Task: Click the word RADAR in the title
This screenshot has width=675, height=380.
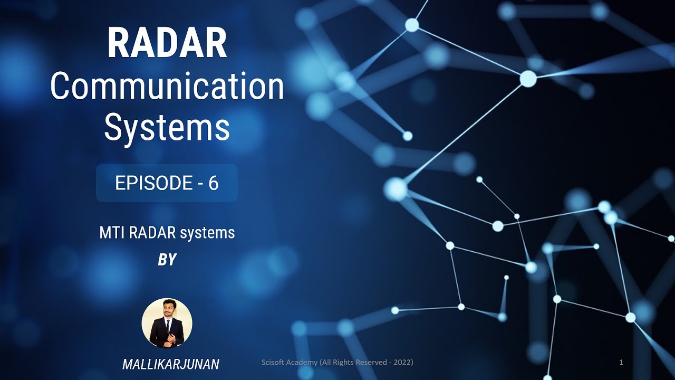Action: (167, 44)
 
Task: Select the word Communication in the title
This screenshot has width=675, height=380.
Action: (167, 87)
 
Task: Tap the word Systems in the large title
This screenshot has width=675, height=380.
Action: (167, 128)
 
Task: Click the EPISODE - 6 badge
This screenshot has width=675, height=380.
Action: (167, 183)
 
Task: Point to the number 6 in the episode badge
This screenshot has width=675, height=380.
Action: (213, 183)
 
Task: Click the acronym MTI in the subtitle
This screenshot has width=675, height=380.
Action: (110, 233)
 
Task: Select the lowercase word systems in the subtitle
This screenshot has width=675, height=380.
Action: (207, 233)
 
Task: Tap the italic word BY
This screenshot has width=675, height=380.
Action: (167, 260)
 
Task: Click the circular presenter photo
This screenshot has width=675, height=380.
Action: (167, 323)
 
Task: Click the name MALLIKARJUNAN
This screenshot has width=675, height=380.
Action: (171, 364)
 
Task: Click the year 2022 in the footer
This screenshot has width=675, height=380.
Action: (402, 363)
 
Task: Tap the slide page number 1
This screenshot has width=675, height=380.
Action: (621, 363)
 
